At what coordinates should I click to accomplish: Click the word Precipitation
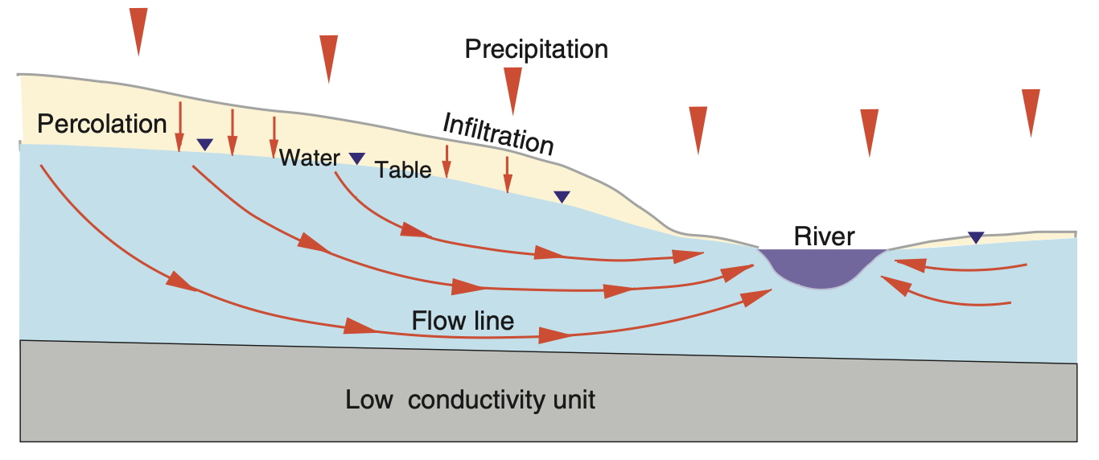(x=537, y=50)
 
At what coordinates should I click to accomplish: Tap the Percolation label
(x=102, y=124)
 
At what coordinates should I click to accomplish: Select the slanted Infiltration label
(x=499, y=133)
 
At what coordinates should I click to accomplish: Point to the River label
(x=824, y=236)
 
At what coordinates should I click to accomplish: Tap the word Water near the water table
(x=310, y=158)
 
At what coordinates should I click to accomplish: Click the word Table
(x=404, y=169)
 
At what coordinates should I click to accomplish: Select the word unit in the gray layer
(x=572, y=400)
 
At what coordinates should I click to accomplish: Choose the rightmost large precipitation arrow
(x=1031, y=111)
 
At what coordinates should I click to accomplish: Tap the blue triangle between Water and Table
(x=356, y=158)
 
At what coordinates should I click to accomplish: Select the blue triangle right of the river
(x=976, y=237)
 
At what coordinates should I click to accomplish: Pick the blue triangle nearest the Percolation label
(x=205, y=145)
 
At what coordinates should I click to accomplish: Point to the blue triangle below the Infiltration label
(x=562, y=196)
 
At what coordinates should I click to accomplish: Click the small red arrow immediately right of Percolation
(x=180, y=125)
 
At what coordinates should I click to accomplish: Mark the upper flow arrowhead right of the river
(x=904, y=262)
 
